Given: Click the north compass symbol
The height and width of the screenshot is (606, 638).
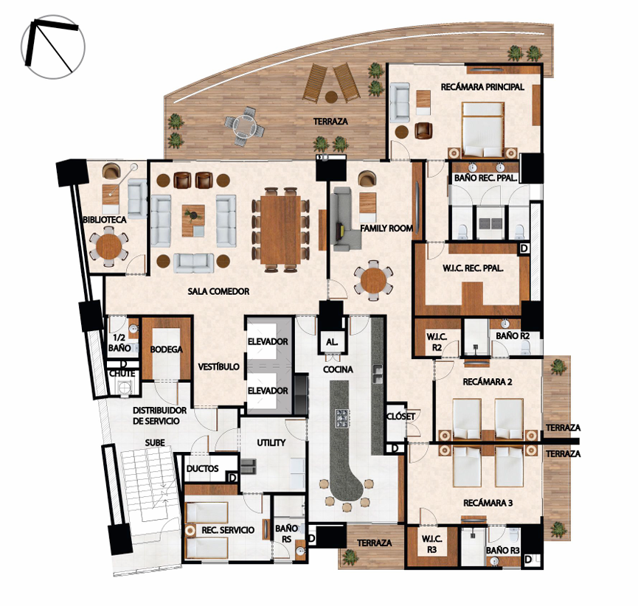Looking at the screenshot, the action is [x=53, y=47].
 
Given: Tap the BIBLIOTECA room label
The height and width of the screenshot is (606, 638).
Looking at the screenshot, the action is [x=105, y=220].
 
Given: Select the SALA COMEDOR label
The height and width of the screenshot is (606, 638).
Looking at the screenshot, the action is [x=218, y=292].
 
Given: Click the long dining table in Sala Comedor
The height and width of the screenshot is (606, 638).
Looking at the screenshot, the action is [x=281, y=230].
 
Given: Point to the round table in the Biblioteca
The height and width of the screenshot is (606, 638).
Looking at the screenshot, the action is [x=108, y=246].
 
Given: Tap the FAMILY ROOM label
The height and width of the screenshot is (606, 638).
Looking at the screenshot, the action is [x=386, y=229].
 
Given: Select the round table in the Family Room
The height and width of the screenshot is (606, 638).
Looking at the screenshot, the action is [x=373, y=281].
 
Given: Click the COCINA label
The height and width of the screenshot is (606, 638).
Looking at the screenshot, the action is [x=338, y=369].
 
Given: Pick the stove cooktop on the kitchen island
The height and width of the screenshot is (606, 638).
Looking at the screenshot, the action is [x=342, y=419].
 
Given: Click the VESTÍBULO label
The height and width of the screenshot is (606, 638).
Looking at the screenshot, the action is [x=218, y=367].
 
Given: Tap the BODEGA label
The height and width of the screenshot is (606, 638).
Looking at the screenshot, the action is [x=166, y=349].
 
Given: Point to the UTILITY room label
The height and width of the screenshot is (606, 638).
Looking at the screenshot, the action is [x=271, y=442].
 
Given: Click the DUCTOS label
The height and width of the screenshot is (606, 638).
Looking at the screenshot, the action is [x=202, y=469].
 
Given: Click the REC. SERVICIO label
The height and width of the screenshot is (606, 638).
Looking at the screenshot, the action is [x=228, y=530].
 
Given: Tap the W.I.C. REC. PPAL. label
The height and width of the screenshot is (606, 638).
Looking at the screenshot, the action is [x=473, y=268].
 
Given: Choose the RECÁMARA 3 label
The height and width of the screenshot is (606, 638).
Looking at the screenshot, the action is [x=488, y=504].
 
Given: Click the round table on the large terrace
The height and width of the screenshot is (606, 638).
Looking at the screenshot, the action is [x=245, y=126].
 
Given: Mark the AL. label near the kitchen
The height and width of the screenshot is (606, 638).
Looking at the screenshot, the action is [x=332, y=343].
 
